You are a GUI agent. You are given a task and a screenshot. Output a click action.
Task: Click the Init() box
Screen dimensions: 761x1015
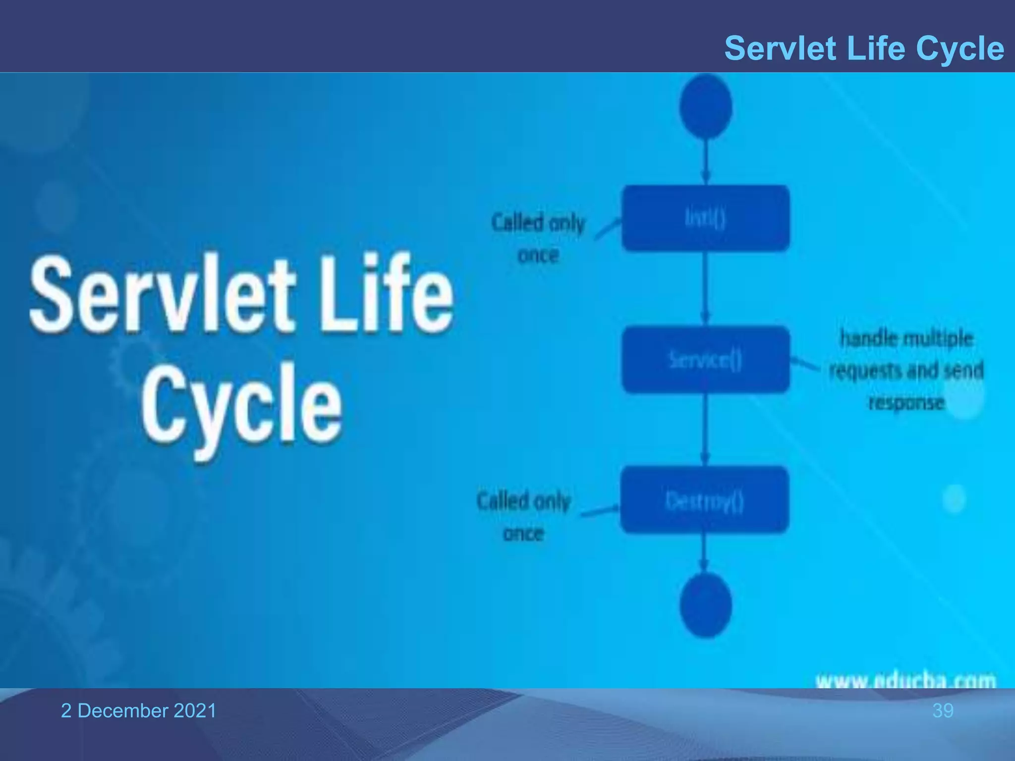(x=705, y=218)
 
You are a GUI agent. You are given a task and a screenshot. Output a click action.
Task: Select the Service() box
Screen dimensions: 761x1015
(x=705, y=360)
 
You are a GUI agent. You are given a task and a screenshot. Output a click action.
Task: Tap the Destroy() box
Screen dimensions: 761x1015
(x=704, y=500)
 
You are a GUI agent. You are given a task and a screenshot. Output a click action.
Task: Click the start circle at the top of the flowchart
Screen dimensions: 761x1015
(x=706, y=106)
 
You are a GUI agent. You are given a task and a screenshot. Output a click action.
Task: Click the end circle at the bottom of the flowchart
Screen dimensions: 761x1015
(x=705, y=605)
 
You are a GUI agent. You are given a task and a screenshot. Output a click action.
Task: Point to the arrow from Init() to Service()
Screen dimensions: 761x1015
(x=706, y=287)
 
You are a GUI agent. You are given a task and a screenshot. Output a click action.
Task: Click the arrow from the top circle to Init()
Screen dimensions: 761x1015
(x=706, y=161)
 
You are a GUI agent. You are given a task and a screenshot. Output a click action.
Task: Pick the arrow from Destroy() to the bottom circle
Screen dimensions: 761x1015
(x=704, y=551)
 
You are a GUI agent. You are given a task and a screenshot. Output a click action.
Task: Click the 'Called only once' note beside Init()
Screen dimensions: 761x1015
(x=538, y=238)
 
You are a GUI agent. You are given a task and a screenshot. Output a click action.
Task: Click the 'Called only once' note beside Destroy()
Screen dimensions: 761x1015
(x=523, y=516)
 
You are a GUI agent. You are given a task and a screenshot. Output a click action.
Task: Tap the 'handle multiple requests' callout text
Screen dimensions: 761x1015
(x=906, y=355)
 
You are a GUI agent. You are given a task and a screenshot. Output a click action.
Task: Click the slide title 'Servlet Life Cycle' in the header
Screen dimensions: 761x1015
(x=864, y=49)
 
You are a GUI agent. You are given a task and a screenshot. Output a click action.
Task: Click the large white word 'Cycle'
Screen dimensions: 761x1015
(x=241, y=406)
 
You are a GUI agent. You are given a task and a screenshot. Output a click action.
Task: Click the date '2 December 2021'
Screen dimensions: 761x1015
(x=138, y=710)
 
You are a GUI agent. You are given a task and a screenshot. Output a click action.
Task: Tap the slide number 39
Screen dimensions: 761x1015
(x=943, y=710)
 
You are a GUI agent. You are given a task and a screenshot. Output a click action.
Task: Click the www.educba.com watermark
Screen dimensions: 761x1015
(x=905, y=680)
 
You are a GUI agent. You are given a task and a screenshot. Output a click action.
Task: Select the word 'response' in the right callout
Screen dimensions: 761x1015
(x=906, y=402)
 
